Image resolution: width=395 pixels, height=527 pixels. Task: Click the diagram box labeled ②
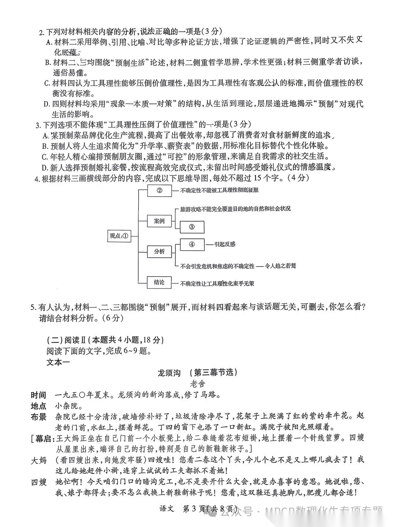point(159,190)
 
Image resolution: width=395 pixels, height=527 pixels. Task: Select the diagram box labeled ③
point(192,227)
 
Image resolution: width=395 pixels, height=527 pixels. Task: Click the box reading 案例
point(159,221)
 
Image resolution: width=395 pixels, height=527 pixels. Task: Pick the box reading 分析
point(159,251)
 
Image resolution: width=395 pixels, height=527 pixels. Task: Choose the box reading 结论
point(159,282)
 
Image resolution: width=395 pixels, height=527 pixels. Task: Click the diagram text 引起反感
point(225,244)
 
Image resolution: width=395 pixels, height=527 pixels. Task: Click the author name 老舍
point(197,384)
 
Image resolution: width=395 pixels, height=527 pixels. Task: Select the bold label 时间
point(38,395)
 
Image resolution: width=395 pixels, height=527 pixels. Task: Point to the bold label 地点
point(38,406)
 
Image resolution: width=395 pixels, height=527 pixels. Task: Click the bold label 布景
point(38,417)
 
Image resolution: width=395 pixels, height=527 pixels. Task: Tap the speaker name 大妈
point(38,460)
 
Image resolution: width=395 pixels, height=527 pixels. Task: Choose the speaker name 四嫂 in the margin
point(38,482)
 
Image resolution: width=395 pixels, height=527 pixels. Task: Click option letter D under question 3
point(45,168)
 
